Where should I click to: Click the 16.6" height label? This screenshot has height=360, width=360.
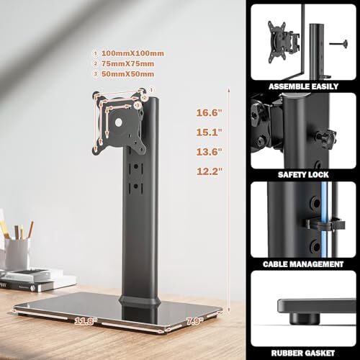click(210, 112)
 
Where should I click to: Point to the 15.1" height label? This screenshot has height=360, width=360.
click(210, 132)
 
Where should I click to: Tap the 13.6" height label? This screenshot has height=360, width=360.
click(210, 151)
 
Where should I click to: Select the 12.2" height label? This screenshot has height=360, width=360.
click(210, 171)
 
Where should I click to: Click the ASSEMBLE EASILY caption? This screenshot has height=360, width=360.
click(303, 85)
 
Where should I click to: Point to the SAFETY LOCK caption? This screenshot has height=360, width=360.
click(303, 174)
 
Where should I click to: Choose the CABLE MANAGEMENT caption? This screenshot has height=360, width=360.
click(303, 264)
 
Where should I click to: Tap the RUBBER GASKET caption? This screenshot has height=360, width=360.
click(303, 352)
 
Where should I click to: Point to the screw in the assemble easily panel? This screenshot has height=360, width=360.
click(338, 42)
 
